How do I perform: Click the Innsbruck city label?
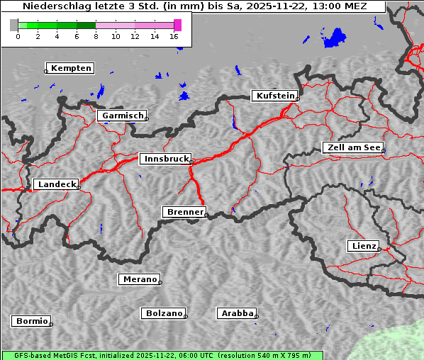click(x=164, y=159)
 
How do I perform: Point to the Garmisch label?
click(x=122, y=116)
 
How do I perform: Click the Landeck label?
click(x=56, y=184)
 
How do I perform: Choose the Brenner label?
click(x=184, y=212)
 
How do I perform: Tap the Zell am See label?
click(x=353, y=147)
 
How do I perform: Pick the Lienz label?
click(x=363, y=246)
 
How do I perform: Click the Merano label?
click(x=139, y=279)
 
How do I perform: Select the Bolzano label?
click(x=164, y=313)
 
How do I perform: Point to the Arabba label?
click(x=237, y=313)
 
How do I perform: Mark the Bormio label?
click(x=32, y=321)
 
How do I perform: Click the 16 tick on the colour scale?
click(x=174, y=35)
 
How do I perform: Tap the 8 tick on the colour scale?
click(x=96, y=35)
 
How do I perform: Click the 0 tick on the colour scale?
click(x=18, y=35)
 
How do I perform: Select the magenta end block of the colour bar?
click(x=177, y=25)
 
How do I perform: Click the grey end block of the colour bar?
click(x=13, y=25)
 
